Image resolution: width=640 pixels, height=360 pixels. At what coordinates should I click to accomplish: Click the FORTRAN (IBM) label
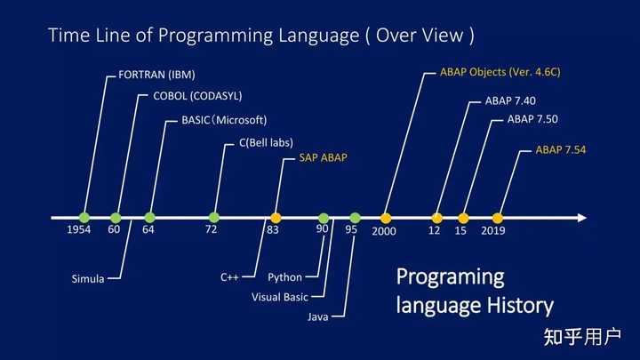click(x=156, y=74)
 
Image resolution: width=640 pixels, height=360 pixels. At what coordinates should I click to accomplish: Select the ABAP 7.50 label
click(x=532, y=119)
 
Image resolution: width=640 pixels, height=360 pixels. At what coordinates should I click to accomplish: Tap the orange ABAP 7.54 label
click(x=561, y=150)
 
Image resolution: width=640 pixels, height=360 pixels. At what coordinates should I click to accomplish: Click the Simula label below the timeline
click(x=88, y=278)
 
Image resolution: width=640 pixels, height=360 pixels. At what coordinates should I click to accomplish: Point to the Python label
click(x=284, y=277)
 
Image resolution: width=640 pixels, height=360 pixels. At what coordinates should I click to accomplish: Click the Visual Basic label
click(x=280, y=297)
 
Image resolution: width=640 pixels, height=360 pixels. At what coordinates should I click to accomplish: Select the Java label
click(x=320, y=316)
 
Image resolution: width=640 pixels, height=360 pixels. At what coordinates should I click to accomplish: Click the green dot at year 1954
click(x=84, y=217)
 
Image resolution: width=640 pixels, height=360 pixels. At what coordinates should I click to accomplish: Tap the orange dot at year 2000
click(x=386, y=217)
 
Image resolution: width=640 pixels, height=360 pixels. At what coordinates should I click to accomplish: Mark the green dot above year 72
click(x=214, y=217)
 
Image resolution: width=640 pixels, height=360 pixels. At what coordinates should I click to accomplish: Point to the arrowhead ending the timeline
click(x=580, y=217)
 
